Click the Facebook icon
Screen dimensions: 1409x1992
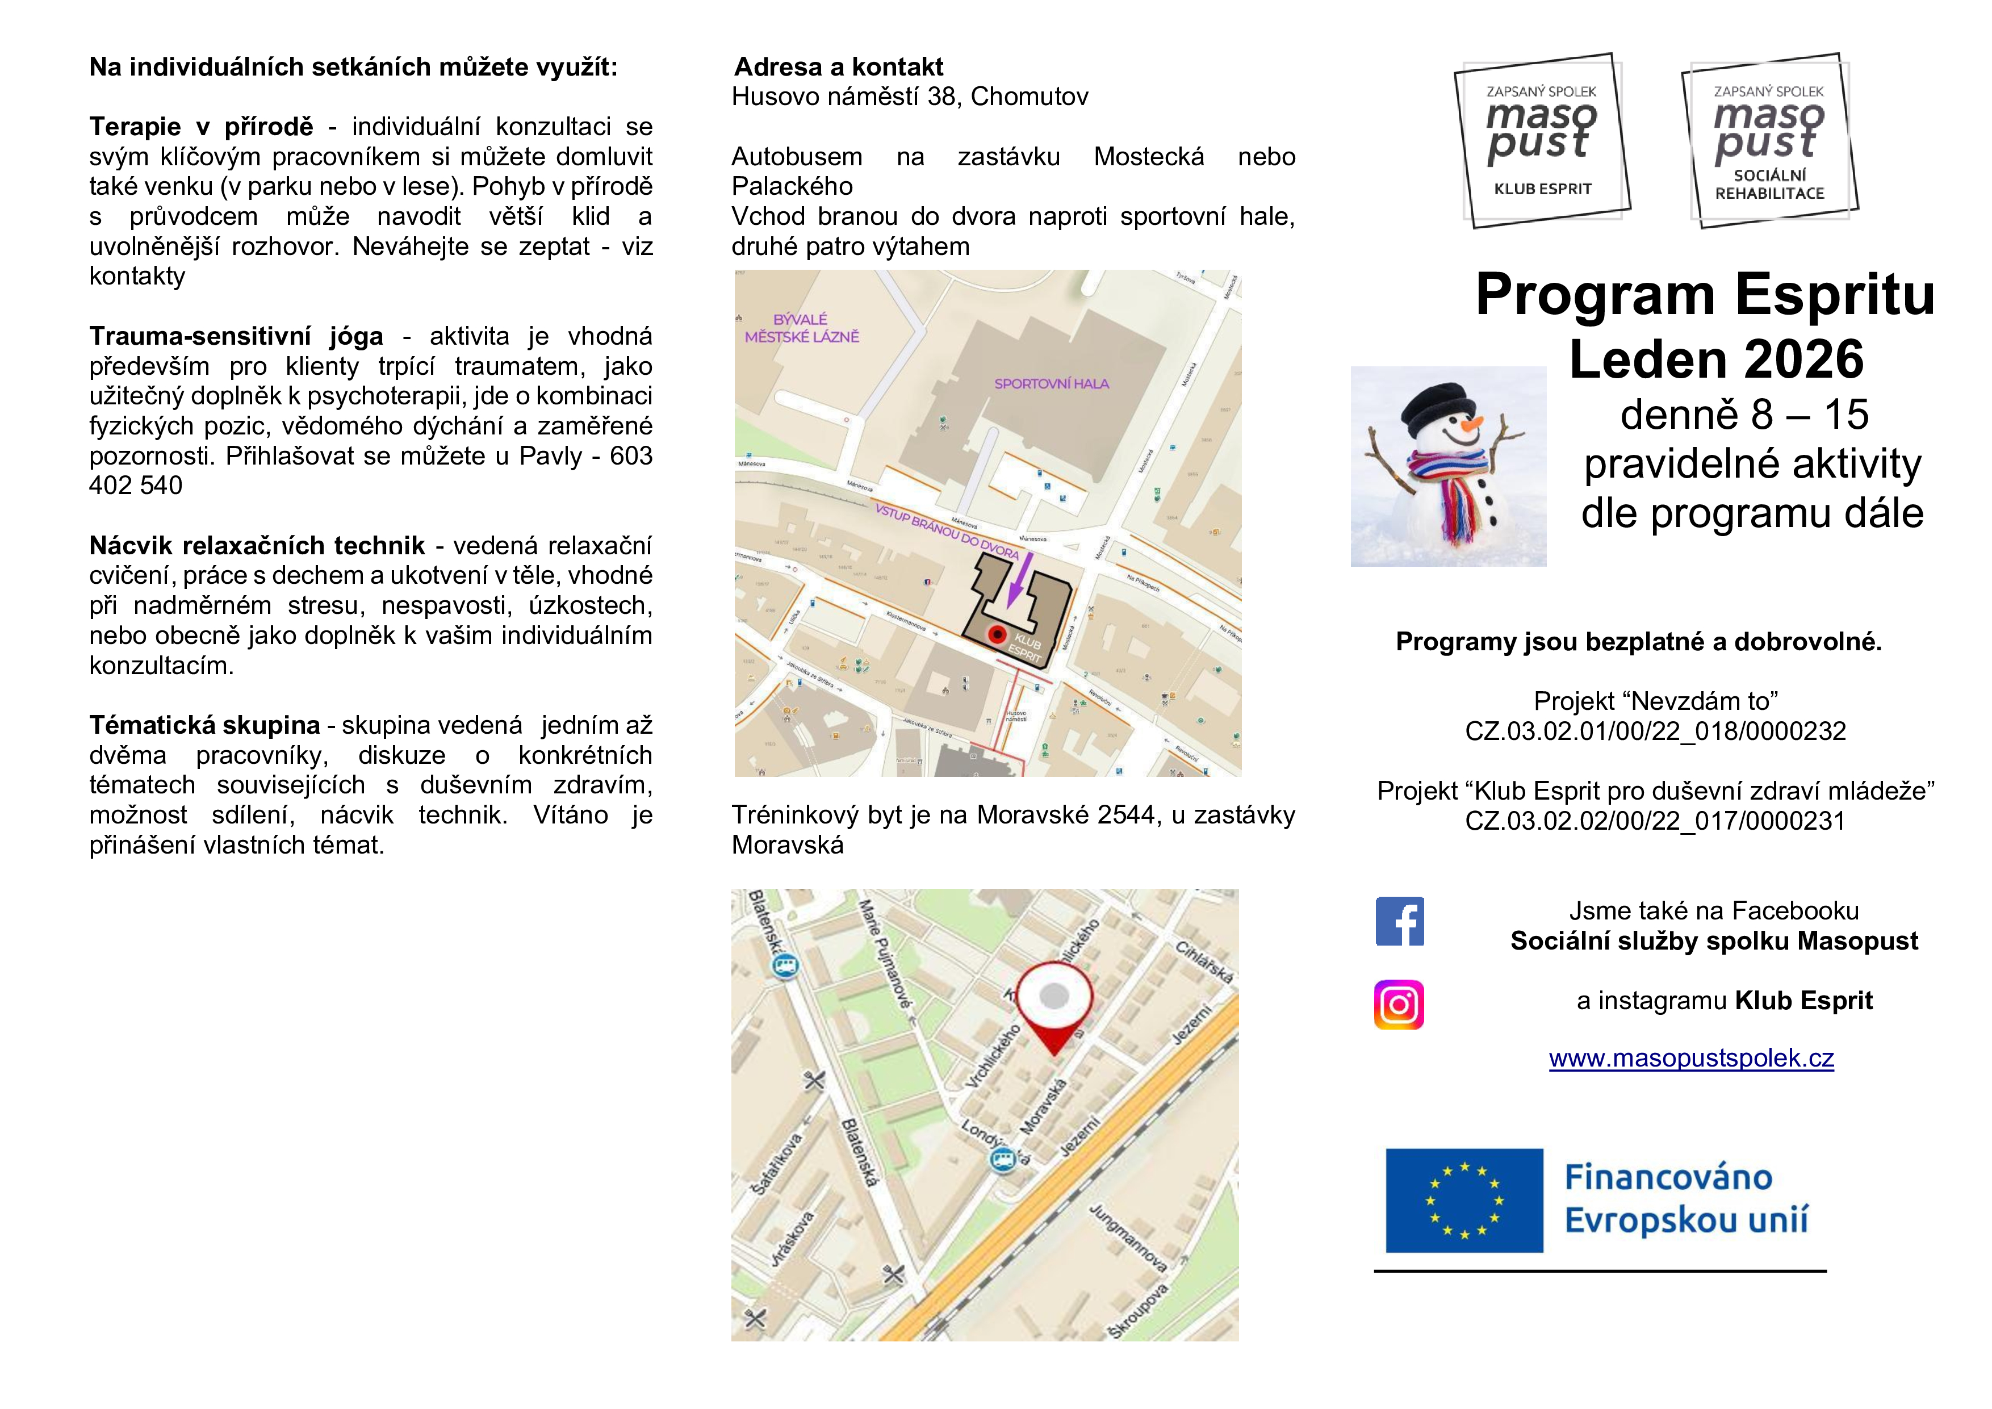pos(1399,921)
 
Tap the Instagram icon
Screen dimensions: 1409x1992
pos(1399,1005)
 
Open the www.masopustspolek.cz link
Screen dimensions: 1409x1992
pos(1691,1059)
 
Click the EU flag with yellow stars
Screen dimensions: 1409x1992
pos(1464,1201)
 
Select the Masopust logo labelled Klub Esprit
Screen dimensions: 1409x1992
pos(1542,140)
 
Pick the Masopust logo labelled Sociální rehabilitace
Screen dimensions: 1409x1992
pos(1769,140)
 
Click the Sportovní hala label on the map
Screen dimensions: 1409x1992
pos(1052,383)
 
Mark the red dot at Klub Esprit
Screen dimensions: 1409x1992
pos(998,635)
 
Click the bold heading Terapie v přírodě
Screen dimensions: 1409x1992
pos(201,127)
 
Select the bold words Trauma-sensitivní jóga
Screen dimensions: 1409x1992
pos(236,336)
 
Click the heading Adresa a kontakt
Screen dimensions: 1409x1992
pos(838,67)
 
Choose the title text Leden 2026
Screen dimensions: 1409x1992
pos(1716,359)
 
